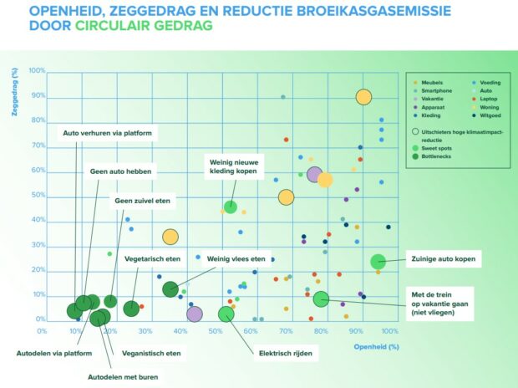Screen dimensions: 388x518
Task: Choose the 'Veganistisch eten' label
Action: tap(151, 353)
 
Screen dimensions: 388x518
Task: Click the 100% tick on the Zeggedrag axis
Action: tap(37, 70)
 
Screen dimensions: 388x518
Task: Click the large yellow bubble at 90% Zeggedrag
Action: tap(363, 97)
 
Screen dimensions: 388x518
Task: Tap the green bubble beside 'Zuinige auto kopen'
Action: tap(378, 262)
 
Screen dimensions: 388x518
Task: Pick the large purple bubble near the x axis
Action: tap(195, 314)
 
